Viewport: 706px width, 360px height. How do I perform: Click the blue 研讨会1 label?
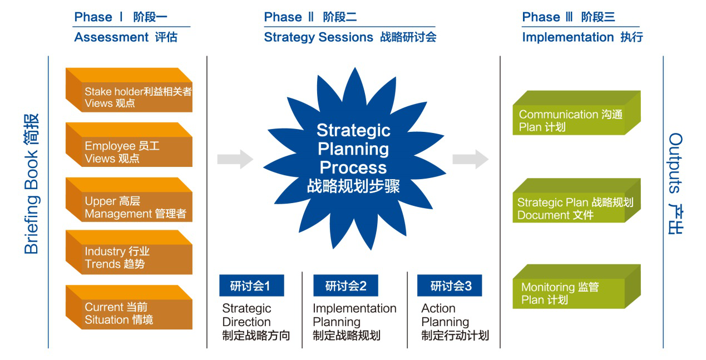(251, 286)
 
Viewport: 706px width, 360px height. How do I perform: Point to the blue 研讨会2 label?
(345, 286)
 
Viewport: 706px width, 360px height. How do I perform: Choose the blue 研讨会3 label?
(450, 286)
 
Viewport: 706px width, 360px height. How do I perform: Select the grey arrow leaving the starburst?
(470, 159)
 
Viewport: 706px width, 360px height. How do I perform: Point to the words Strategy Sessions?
(318, 37)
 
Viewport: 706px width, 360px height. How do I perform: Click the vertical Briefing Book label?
(32, 184)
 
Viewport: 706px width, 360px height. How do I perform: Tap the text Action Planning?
(445, 315)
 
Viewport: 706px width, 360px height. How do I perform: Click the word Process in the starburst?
(353, 167)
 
